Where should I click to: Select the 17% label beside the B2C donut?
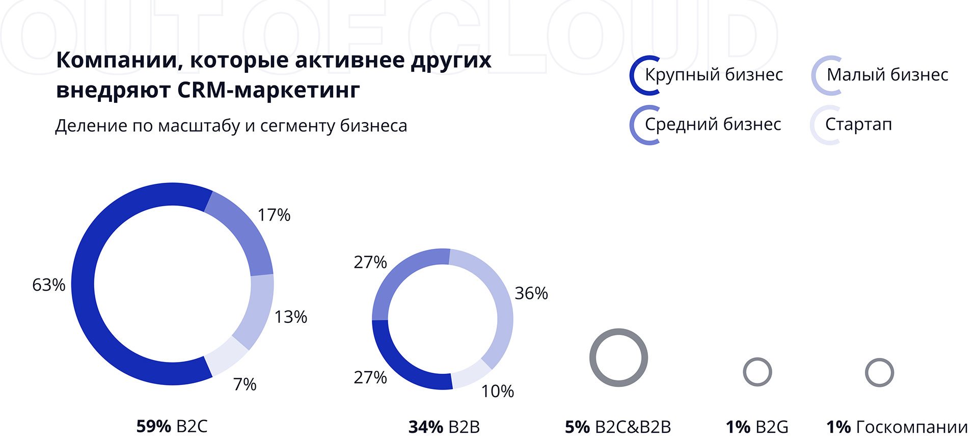point(274,215)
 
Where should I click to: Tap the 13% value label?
point(291,317)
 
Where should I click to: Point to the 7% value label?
point(245,384)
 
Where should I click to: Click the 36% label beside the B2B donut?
point(531,293)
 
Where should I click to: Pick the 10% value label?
point(498,391)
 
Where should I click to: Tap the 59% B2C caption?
point(172,426)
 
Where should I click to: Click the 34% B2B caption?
point(444,427)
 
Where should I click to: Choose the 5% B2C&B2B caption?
point(618,427)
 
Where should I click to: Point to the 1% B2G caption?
point(757,427)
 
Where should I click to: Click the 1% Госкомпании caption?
point(896,427)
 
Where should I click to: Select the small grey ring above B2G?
point(757,360)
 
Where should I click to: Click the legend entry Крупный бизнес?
point(713,75)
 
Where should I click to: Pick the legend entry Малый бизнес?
point(887,75)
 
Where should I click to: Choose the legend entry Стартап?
point(858,124)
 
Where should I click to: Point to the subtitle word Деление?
point(91,125)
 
